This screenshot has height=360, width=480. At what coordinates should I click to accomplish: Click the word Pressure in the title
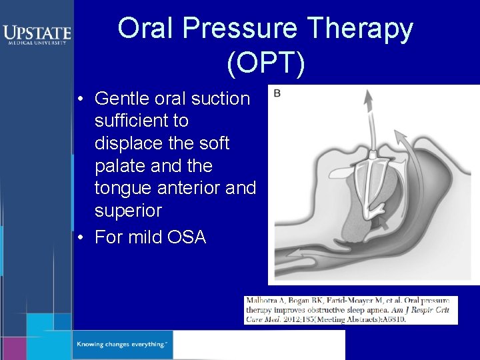(239, 29)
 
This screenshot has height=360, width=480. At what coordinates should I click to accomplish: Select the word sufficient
(141, 121)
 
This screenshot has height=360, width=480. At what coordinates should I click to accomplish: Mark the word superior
(128, 211)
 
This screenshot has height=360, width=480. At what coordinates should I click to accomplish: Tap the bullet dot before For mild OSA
(79, 237)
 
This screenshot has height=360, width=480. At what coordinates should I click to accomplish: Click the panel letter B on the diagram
(277, 93)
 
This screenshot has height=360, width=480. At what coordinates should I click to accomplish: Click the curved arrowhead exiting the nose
(401, 137)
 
